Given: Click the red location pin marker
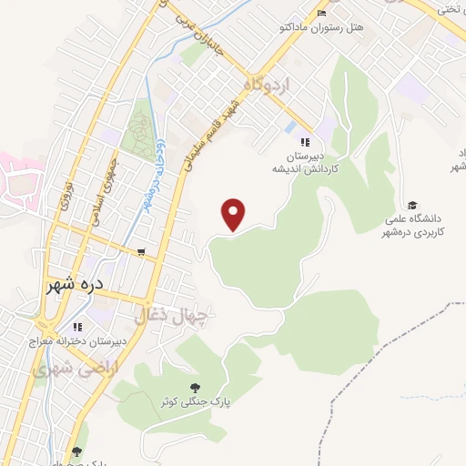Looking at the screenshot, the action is coord(235,213).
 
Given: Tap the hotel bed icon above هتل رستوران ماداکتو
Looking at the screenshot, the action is coord(320,13).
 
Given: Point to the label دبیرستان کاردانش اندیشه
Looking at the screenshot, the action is coord(304,162).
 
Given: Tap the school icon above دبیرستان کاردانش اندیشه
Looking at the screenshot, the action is coord(305,141).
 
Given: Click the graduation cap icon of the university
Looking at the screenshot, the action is coord(412,205).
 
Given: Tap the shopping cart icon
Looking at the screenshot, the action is coord(140,252).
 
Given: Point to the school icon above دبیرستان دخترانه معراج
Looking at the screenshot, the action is coord(77,327).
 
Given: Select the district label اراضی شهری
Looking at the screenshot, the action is coord(66,370).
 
